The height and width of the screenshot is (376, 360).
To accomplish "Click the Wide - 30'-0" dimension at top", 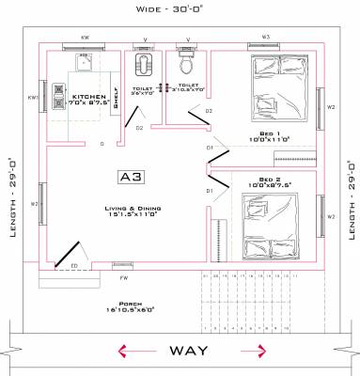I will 180,9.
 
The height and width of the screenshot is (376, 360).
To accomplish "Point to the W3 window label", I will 266,38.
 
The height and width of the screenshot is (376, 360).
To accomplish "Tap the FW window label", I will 123,278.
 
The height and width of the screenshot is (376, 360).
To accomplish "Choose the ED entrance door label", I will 74,266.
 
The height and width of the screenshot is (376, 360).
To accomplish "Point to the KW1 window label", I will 33,99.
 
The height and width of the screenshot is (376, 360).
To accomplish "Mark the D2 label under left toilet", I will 139,128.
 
